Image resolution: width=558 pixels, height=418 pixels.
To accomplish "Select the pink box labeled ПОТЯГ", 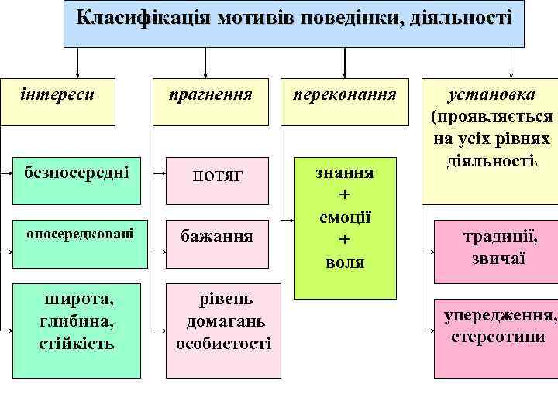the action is tap(216, 176).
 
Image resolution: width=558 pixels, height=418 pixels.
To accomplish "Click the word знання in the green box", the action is tap(345, 172).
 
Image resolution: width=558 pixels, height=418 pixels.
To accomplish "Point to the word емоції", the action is tap(345, 218).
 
